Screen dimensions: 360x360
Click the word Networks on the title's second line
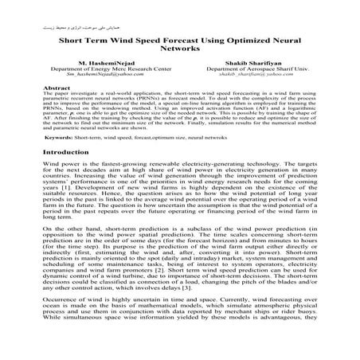click(x=180, y=69)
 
